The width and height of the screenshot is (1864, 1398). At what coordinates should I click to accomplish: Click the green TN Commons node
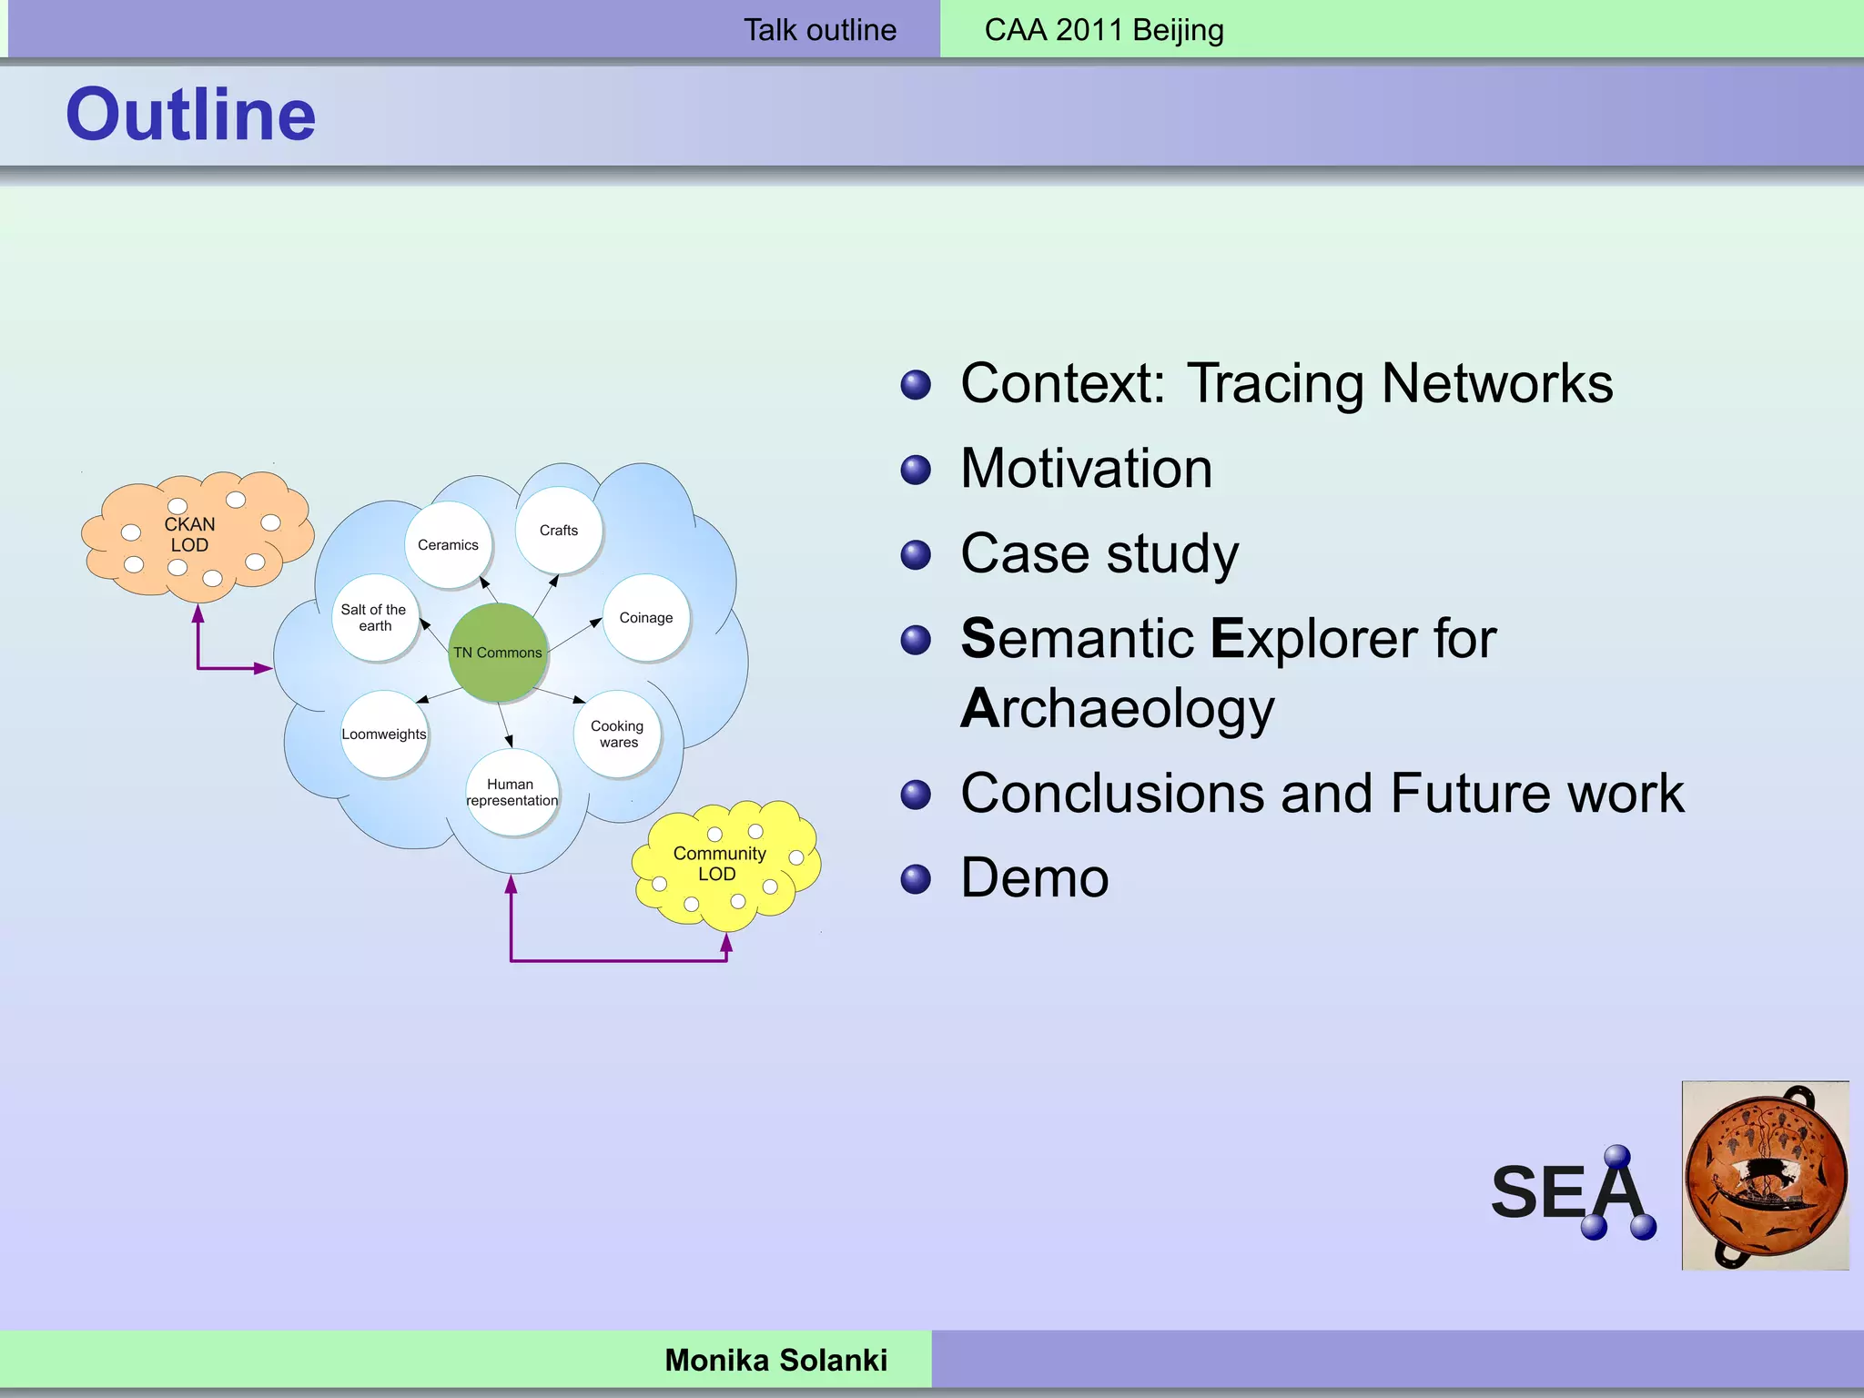(x=498, y=652)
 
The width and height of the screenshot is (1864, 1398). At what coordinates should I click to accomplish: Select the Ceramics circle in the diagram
(x=448, y=544)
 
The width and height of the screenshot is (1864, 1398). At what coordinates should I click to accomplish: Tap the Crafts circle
(x=558, y=530)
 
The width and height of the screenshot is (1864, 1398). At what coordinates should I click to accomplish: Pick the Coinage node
(x=646, y=617)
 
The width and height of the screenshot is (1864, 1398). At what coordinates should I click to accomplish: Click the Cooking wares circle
(x=617, y=734)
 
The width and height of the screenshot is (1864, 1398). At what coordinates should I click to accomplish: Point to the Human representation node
(x=512, y=792)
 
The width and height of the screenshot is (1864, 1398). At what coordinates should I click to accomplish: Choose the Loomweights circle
(x=384, y=734)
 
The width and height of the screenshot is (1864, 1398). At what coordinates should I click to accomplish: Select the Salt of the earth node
(x=374, y=617)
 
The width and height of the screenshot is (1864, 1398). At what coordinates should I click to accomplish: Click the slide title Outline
(x=191, y=115)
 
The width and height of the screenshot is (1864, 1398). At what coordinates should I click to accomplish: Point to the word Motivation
(x=1086, y=469)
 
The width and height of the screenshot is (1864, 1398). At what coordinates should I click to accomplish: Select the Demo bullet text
(x=1035, y=878)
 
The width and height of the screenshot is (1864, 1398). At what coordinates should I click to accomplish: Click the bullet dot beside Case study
(x=916, y=554)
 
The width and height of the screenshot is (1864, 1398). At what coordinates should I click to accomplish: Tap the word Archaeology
(x=1118, y=709)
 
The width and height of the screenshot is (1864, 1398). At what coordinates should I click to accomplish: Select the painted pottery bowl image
(x=1765, y=1175)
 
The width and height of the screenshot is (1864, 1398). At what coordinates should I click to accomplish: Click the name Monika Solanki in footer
(x=775, y=1360)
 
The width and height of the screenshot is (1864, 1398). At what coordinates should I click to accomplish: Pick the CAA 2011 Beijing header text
(x=1104, y=30)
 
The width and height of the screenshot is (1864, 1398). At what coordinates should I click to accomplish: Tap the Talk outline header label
(x=820, y=30)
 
